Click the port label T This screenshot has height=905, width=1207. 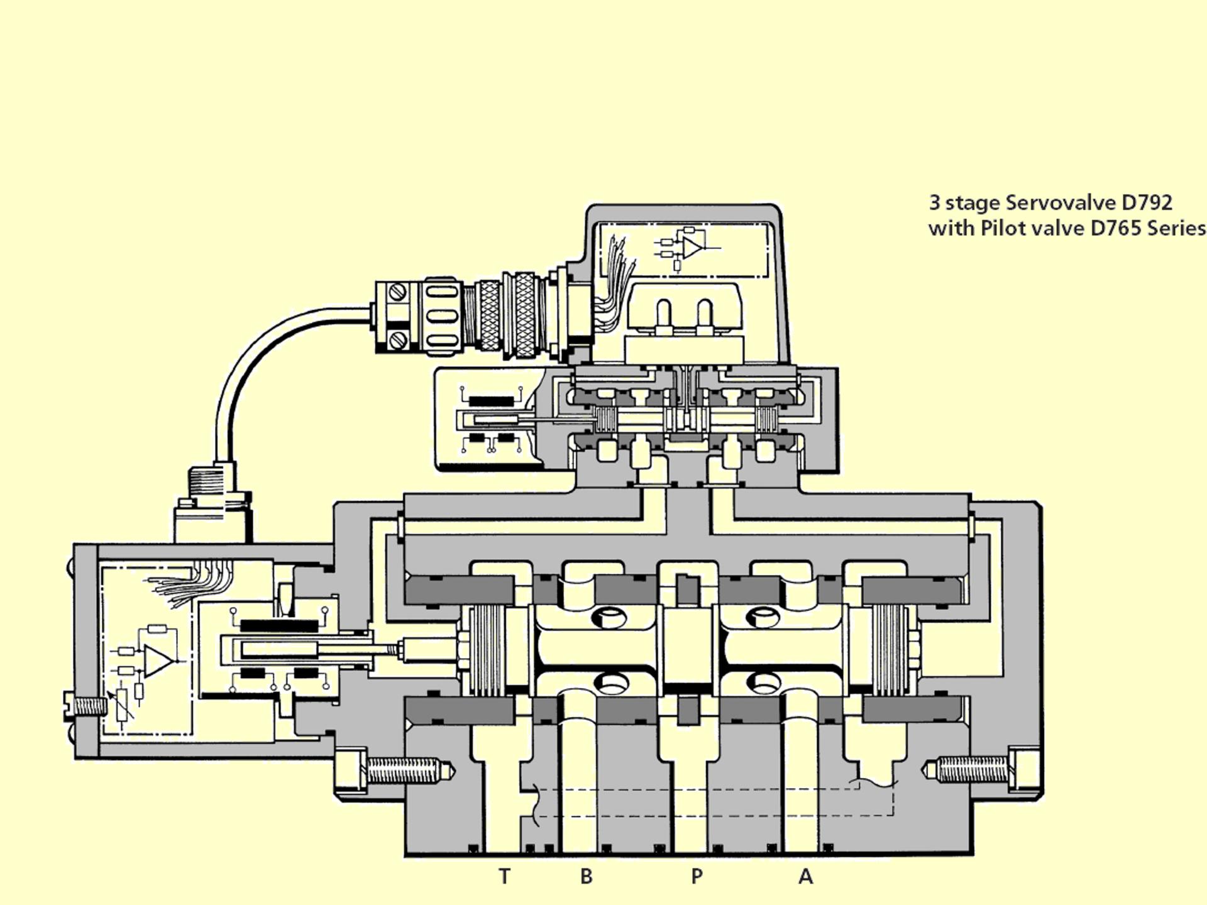[x=504, y=876]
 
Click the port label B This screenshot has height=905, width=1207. [x=586, y=876]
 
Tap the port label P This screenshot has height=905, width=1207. [x=697, y=876]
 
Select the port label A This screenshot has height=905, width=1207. [x=805, y=876]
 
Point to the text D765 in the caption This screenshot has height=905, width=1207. [x=1116, y=228]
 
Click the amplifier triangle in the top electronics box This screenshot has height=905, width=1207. [x=692, y=247]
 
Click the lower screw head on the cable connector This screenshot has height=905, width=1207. [x=396, y=341]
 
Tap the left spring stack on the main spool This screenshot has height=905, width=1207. [x=488, y=650]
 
